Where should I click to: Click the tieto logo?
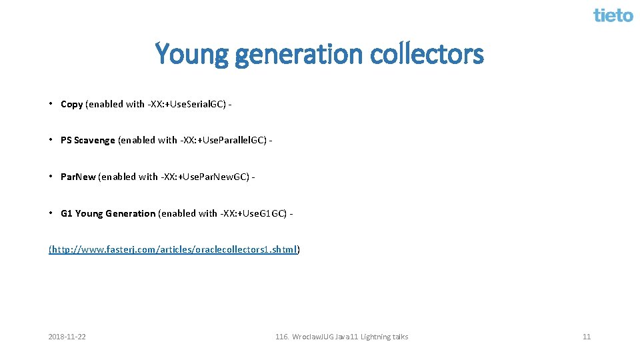613,15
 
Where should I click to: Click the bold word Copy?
71,104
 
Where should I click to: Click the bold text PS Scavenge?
87,140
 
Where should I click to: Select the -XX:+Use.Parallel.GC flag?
223,140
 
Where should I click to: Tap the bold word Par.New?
78,177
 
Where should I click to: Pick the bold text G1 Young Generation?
108,213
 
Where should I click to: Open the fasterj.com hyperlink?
174,249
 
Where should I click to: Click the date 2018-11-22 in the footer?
67,337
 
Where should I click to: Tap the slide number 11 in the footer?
587,337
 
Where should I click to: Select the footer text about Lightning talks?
341,337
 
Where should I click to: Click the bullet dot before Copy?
51,104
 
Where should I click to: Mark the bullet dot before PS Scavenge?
51,140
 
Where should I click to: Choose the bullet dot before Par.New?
51,177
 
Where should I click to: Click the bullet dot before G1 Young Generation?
51,213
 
